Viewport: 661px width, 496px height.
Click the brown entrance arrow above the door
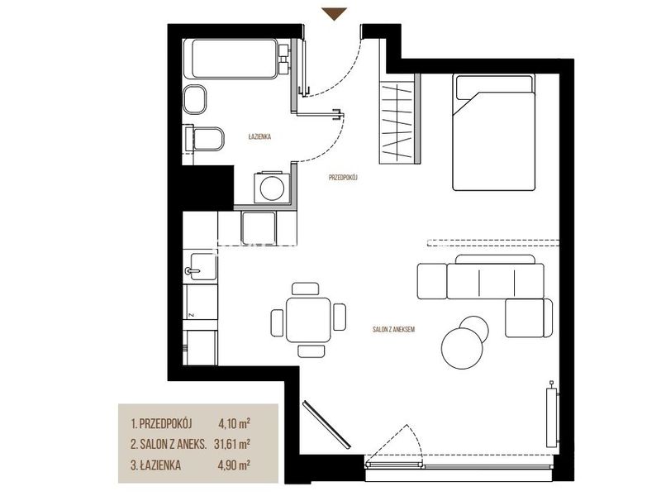(335, 13)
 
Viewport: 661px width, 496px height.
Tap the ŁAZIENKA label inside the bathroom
(259, 136)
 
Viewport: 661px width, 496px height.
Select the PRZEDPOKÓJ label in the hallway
(343, 178)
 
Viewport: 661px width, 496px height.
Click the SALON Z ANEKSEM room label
(394, 329)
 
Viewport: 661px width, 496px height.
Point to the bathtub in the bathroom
(235, 59)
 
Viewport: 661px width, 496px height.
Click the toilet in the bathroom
(204, 138)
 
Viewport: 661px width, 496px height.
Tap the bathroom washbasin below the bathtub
(195, 99)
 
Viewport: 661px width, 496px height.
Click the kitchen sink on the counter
(200, 266)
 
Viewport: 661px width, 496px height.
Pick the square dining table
(308, 319)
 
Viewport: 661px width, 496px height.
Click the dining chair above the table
(305, 289)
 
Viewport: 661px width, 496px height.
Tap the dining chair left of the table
(278, 322)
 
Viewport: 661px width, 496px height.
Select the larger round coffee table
(462, 348)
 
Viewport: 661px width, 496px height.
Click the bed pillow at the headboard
(493, 83)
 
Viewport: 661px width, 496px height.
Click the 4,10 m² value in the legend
(234, 422)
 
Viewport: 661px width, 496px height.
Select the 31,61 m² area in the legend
(232, 444)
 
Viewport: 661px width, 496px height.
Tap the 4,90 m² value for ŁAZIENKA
(234, 465)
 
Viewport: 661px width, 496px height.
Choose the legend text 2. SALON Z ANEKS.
(169, 444)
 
